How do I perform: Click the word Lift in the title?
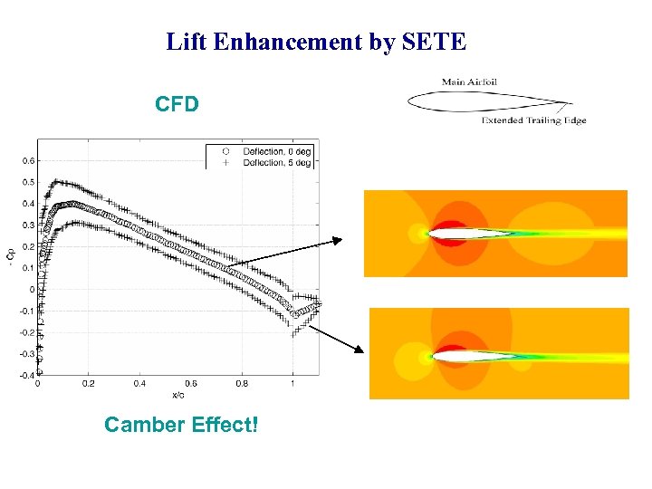click(x=186, y=42)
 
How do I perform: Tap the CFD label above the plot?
click(x=177, y=104)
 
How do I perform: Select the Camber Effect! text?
click(x=181, y=424)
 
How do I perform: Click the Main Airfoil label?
click(x=469, y=82)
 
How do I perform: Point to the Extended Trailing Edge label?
click(x=533, y=120)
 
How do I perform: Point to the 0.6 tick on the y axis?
click(x=29, y=160)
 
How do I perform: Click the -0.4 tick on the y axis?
click(x=27, y=375)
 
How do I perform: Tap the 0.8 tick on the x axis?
click(x=241, y=383)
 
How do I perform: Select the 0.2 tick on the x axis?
click(x=88, y=383)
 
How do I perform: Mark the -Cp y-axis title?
click(x=11, y=256)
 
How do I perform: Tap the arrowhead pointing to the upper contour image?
click(x=339, y=240)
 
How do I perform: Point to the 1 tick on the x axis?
click(x=292, y=383)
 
